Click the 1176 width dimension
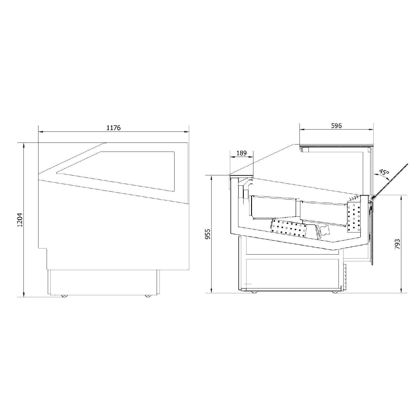114,128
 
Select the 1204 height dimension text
20,220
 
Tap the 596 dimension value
337,126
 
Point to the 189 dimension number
241,153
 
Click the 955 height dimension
208,234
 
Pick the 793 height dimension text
397,244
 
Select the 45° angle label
384,172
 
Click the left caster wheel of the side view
64,296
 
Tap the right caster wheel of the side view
148,296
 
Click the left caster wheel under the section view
254,292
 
